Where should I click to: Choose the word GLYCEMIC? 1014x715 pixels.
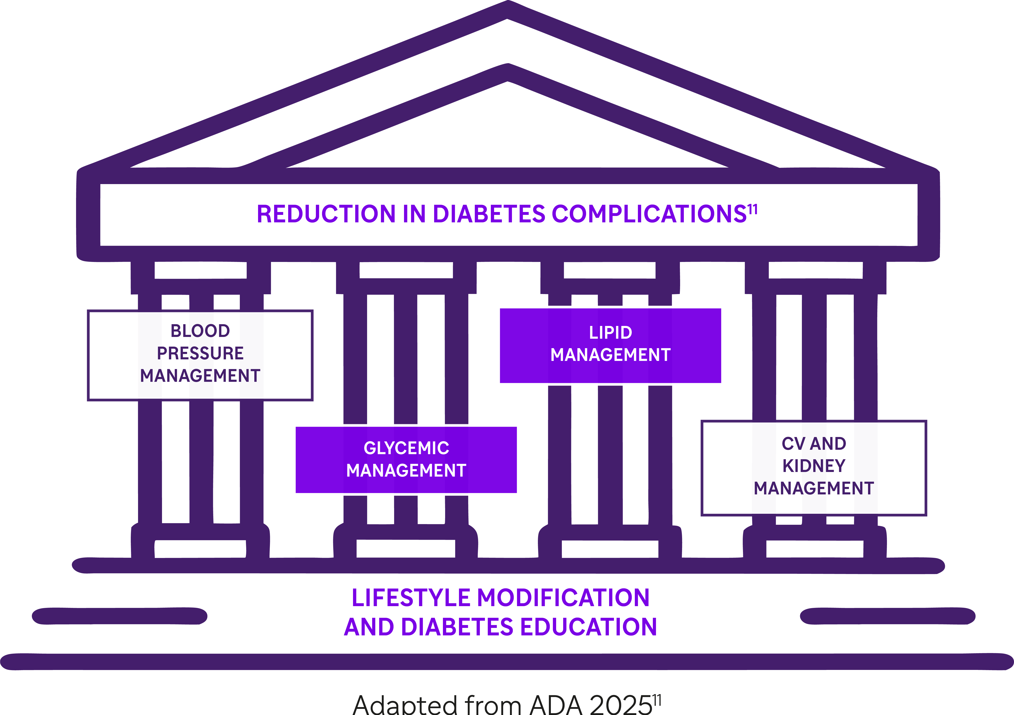tap(406, 448)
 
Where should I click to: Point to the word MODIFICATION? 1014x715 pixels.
tap(563, 598)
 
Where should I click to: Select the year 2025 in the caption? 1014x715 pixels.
tap(621, 704)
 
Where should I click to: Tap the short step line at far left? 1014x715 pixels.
tap(119, 616)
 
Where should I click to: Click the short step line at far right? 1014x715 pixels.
tap(888, 616)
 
